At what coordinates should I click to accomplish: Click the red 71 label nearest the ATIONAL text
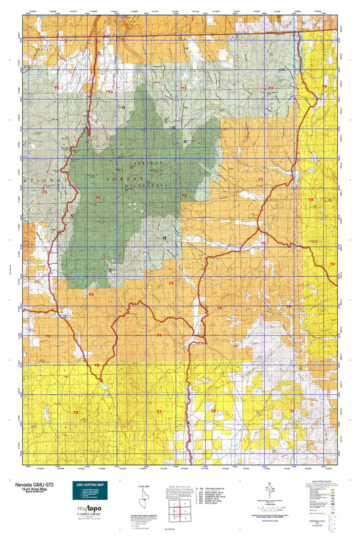point(45,192)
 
